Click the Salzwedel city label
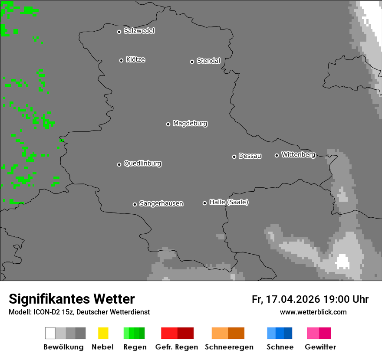tap(139, 31)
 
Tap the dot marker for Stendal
tap(192, 62)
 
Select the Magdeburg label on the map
tap(190, 124)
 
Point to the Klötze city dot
tap(121, 60)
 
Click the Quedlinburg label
tap(142, 164)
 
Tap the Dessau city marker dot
tap(234, 157)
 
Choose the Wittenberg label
tap(298, 154)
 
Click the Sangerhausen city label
tap(161, 203)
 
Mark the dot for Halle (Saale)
tap(204, 203)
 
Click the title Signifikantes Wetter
tap(72, 299)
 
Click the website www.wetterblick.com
tap(313, 312)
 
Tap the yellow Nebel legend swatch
tap(103, 333)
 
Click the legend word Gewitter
tap(320, 347)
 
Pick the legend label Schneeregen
tap(229, 347)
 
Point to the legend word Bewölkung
tap(63, 347)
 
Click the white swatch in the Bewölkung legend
tap(50, 333)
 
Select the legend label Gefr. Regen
tap(177, 347)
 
